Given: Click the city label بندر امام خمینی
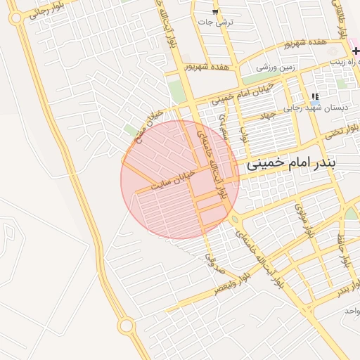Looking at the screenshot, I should click(292, 163).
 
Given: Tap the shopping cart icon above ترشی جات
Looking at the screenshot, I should click(215, 12).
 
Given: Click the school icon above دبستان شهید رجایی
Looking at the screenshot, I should click(315, 97).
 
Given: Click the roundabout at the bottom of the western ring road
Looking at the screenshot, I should click(127, 326).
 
